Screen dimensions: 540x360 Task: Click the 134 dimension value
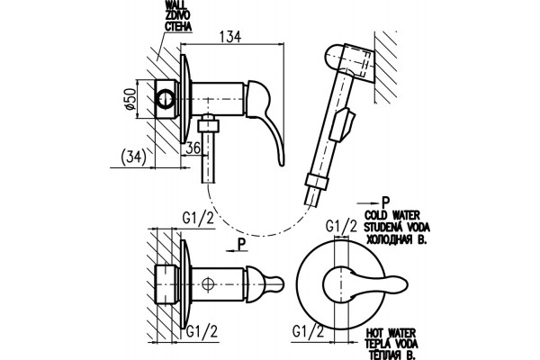tap(230, 37)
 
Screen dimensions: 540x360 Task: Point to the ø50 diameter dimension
tap(130, 99)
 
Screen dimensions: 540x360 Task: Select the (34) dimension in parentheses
tap(134, 157)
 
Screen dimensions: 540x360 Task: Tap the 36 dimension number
tap(193, 148)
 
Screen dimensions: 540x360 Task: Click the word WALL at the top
tap(176, 5)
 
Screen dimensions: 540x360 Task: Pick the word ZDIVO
tap(177, 16)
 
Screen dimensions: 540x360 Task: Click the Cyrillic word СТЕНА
tap(178, 26)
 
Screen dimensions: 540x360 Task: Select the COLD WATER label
tap(392, 216)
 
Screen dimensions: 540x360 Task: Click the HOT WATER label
tap(391, 333)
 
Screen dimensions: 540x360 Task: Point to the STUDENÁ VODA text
tap(397, 228)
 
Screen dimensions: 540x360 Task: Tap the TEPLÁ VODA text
tap(391, 344)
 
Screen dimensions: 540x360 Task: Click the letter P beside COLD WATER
tap(385, 202)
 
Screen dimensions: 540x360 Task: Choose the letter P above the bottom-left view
tap(242, 245)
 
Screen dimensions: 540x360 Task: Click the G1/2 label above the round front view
tap(342, 226)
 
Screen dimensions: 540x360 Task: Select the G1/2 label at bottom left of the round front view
tap(308, 331)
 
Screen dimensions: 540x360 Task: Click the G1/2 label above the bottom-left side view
tap(198, 218)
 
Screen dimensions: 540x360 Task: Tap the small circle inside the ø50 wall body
tap(166, 99)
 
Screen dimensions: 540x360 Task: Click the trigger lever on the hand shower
tap(343, 125)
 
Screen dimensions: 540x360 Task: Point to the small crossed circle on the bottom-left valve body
tap(208, 284)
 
